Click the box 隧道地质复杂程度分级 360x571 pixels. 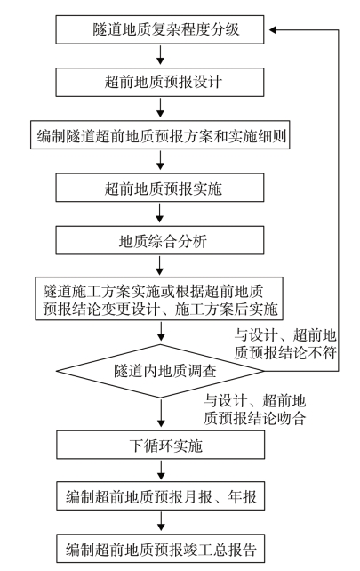coord(160,29)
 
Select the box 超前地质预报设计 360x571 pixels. coord(160,82)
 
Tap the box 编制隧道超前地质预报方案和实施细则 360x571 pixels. coord(160,134)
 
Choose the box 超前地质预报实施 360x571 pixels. coord(160,188)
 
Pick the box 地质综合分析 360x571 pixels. coord(160,240)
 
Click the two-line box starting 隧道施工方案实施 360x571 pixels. coord(159,299)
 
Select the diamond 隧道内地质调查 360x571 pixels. coord(160,371)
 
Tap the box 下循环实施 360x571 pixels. coord(161,445)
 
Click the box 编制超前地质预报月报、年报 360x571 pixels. coord(161,496)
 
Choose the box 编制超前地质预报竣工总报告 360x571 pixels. coord(161,549)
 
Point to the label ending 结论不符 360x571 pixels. coord(285,344)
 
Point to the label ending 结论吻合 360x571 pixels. coord(254,409)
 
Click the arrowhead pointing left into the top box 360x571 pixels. coord(273,30)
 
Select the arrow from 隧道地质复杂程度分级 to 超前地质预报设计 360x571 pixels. coord(160,56)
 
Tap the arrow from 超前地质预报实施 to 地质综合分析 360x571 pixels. coord(160,213)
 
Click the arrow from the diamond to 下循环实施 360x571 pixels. coord(161,414)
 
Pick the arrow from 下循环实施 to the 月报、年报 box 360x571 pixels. coord(161,470)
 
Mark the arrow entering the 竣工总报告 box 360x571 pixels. coord(161,522)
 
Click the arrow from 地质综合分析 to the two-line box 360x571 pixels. coord(160,266)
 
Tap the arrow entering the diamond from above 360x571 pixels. coord(160,332)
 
